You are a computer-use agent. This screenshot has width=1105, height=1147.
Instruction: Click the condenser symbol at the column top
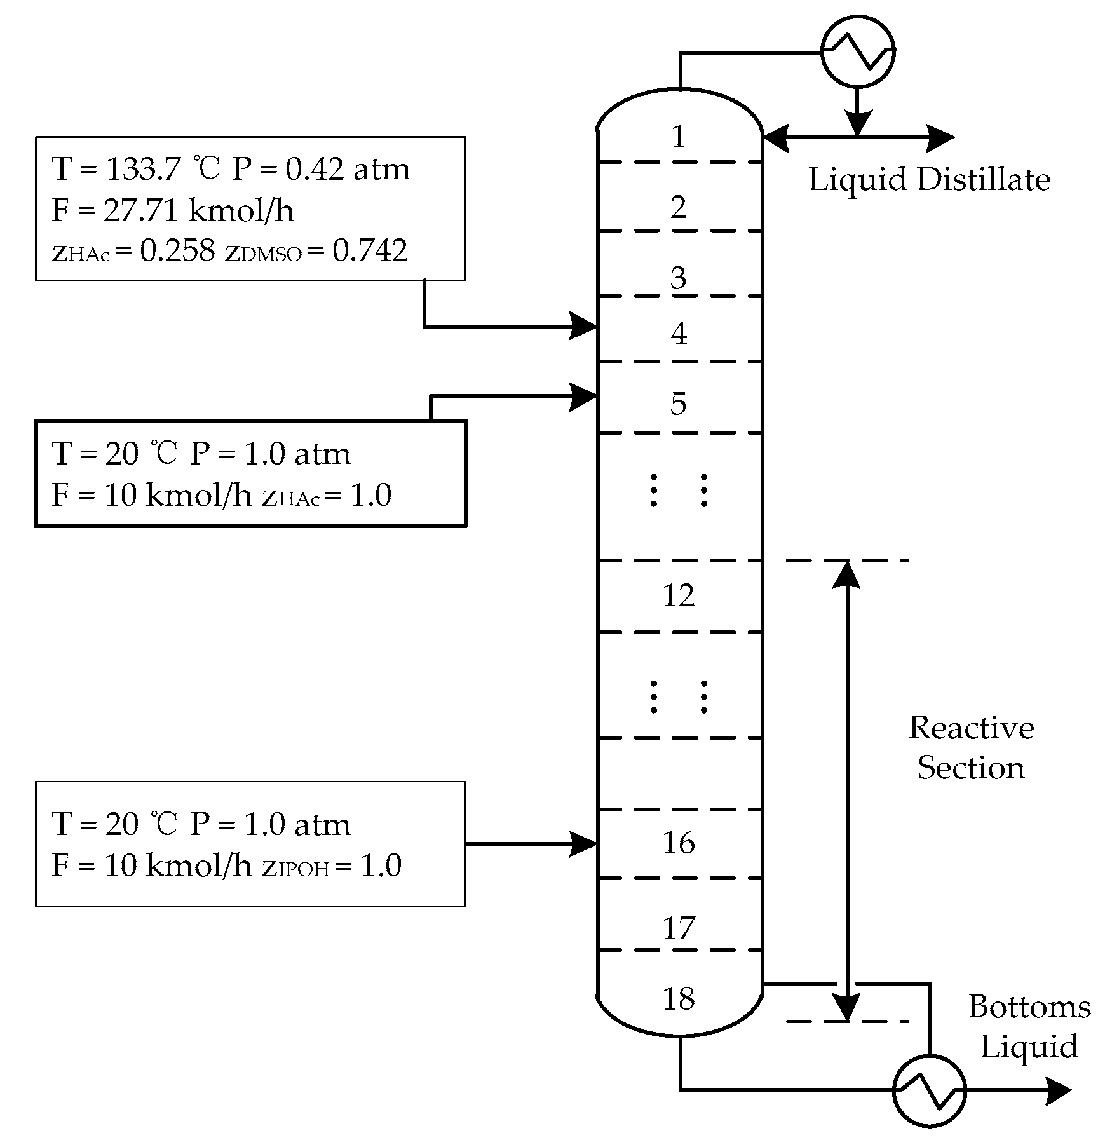coord(858,50)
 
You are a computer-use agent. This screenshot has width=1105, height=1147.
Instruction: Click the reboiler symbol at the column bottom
coord(929,1090)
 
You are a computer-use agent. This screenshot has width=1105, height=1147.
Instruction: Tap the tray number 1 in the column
coord(679,137)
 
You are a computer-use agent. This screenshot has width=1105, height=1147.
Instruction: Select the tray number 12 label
coord(679,595)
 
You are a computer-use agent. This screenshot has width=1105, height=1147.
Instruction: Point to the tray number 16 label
coord(679,843)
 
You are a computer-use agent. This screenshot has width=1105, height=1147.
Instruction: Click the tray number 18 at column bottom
coord(679,999)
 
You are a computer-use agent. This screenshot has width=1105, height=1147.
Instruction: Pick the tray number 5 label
coord(679,404)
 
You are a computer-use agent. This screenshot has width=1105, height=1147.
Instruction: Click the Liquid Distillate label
coord(929,180)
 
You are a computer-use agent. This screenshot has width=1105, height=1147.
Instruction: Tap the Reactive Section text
coord(971,748)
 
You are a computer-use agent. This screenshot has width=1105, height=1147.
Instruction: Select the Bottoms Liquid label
coord(1029,1027)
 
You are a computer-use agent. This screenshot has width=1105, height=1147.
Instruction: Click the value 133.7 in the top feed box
coord(144,169)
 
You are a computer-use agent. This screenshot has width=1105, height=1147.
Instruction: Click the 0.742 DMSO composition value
coord(370,251)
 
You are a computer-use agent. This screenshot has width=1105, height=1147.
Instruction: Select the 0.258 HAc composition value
coord(177,251)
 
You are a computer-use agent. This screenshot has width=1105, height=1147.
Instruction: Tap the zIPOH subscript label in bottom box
coord(296,867)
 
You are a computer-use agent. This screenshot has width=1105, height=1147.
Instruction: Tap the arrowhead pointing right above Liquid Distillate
coord(939,137)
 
